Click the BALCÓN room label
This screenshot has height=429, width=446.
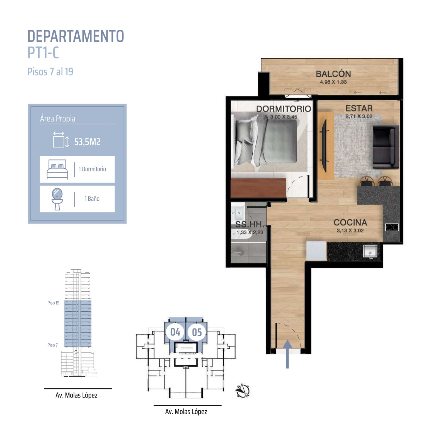(x=333, y=74)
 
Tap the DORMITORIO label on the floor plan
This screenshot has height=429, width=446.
(x=283, y=109)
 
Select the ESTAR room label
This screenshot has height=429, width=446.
(x=359, y=108)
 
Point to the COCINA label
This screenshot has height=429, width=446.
(x=350, y=222)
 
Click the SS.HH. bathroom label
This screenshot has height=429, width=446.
(x=249, y=224)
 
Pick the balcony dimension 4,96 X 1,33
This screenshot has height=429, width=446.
(x=333, y=82)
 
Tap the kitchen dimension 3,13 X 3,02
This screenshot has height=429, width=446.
(x=350, y=231)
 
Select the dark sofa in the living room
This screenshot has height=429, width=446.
(x=386, y=147)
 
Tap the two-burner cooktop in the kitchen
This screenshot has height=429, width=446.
(x=392, y=227)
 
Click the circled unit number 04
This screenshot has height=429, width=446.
(x=175, y=332)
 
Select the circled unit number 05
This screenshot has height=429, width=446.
(x=197, y=332)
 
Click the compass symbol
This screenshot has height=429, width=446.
(x=243, y=391)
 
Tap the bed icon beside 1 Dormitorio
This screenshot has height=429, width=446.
(x=57, y=169)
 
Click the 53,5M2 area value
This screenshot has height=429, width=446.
(x=87, y=142)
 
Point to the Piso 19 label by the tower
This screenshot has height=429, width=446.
(x=53, y=303)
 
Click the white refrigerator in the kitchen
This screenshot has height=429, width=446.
(x=316, y=251)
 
